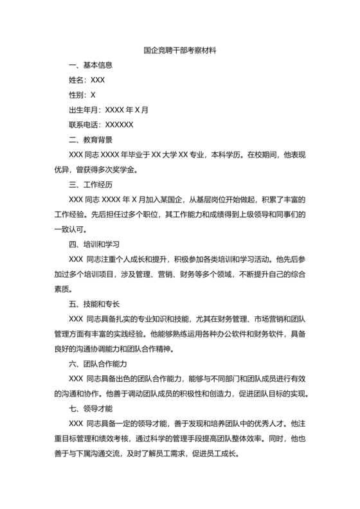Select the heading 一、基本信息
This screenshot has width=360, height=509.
click(91, 65)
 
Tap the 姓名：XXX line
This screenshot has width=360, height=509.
click(87, 80)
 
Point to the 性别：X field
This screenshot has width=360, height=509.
click(82, 94)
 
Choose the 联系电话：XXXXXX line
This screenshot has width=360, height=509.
click(101, 125)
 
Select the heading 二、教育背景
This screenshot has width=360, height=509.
click(91, 139)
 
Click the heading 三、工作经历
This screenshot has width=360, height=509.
click(91, 184)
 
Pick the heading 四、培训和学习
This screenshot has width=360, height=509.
click(94, 244)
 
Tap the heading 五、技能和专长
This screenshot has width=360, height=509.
click(94, 304)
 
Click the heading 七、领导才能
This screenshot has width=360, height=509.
click(91, 409)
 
